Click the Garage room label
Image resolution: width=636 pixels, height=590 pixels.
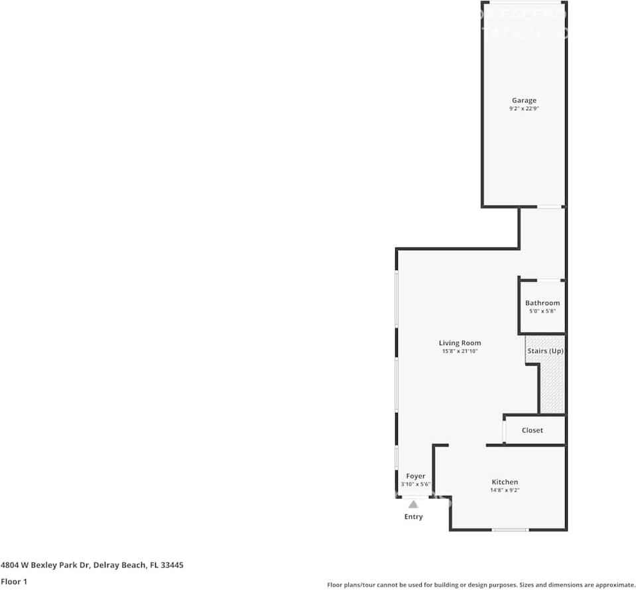[524, 101]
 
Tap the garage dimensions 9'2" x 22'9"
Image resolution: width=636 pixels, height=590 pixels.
[524, 109]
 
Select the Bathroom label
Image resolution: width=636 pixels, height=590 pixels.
[542, 303]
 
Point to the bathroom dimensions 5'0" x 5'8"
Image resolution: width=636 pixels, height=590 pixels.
[542, 311]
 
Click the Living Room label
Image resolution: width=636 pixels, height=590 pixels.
[460, 343]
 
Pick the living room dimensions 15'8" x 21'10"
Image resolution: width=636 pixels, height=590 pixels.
[460, 351]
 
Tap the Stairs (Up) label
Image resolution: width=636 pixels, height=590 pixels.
[545, 350]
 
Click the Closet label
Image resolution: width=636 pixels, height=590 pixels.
[532, 430]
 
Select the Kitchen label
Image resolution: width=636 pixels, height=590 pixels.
[505, 482]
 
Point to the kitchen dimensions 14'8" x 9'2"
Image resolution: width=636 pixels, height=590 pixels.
[505, 490]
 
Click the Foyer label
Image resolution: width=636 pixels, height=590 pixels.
[416, 476]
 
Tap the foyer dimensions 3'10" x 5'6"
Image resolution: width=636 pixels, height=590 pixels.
[416, 484]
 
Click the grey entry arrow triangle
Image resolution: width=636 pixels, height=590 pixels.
[413, 504]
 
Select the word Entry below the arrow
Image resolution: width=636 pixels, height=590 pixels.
[413, 517]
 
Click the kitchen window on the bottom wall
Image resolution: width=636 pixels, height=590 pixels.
[510, 530]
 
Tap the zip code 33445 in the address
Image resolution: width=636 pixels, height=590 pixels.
[170, 565]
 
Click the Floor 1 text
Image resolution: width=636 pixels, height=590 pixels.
[13, 581]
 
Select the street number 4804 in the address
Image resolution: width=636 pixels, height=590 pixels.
[10, 565]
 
